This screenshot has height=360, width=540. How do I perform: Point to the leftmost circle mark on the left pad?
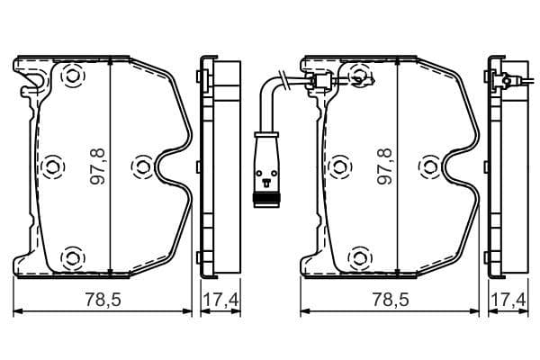tap(50, 166)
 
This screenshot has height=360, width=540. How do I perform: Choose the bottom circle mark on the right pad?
tap(359, 259)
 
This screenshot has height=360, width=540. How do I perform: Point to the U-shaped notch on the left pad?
tap(169, 167)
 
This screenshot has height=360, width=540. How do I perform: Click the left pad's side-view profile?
tap(220, 166)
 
